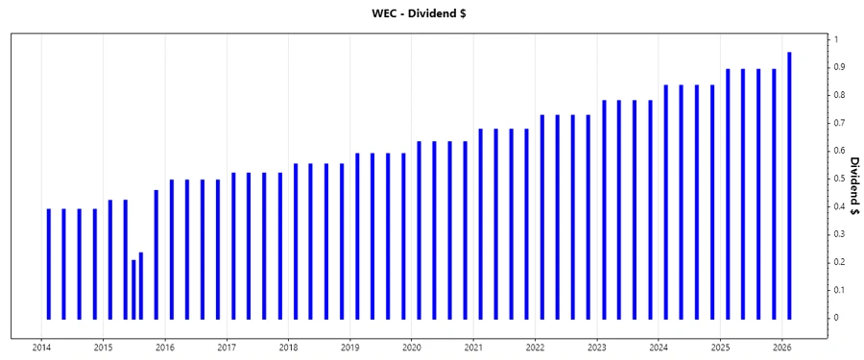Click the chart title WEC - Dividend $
[x=431, y=14]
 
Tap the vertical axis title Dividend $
[x=851, y=179]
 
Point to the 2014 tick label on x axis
[x=41, y=348]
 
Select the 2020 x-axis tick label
[x=412, y=348]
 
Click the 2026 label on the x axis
[x=781, y=348]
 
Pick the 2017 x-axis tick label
[x=227, y=348]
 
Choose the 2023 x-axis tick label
[x=597, y=348]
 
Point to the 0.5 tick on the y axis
[x=838, y=179]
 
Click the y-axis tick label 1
[x=836, y=39]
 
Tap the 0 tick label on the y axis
[x=836, y=318]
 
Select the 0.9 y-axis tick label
[x=838, y=67]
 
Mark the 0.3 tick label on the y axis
[x=838, y=234]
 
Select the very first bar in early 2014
[x=49, y=263]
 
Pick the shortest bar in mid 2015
[x=133, y=289]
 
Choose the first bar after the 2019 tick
[x=357, y=235]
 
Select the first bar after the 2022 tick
[x=542, y=217]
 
